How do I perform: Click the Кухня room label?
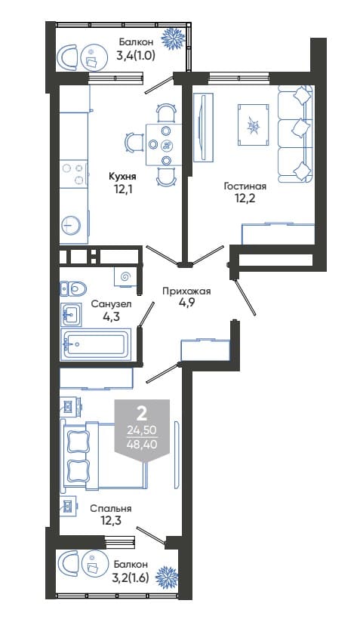point(123,176)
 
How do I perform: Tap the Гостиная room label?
point(245,186)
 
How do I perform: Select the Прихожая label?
point(186,291)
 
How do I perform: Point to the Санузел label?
point(111,304)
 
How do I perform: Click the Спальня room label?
point(111,508)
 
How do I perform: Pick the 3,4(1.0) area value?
point(135,55)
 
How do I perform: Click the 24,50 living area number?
point(142,430)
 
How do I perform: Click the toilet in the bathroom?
point(73,288)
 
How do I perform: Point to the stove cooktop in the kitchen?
point(74,174)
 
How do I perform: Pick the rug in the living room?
point(254,125)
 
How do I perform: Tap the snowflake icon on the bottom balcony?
point(167,577)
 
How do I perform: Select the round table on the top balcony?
point(94,58)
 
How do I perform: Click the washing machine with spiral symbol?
point(126,276)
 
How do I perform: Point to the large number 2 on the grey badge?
point(142,414)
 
